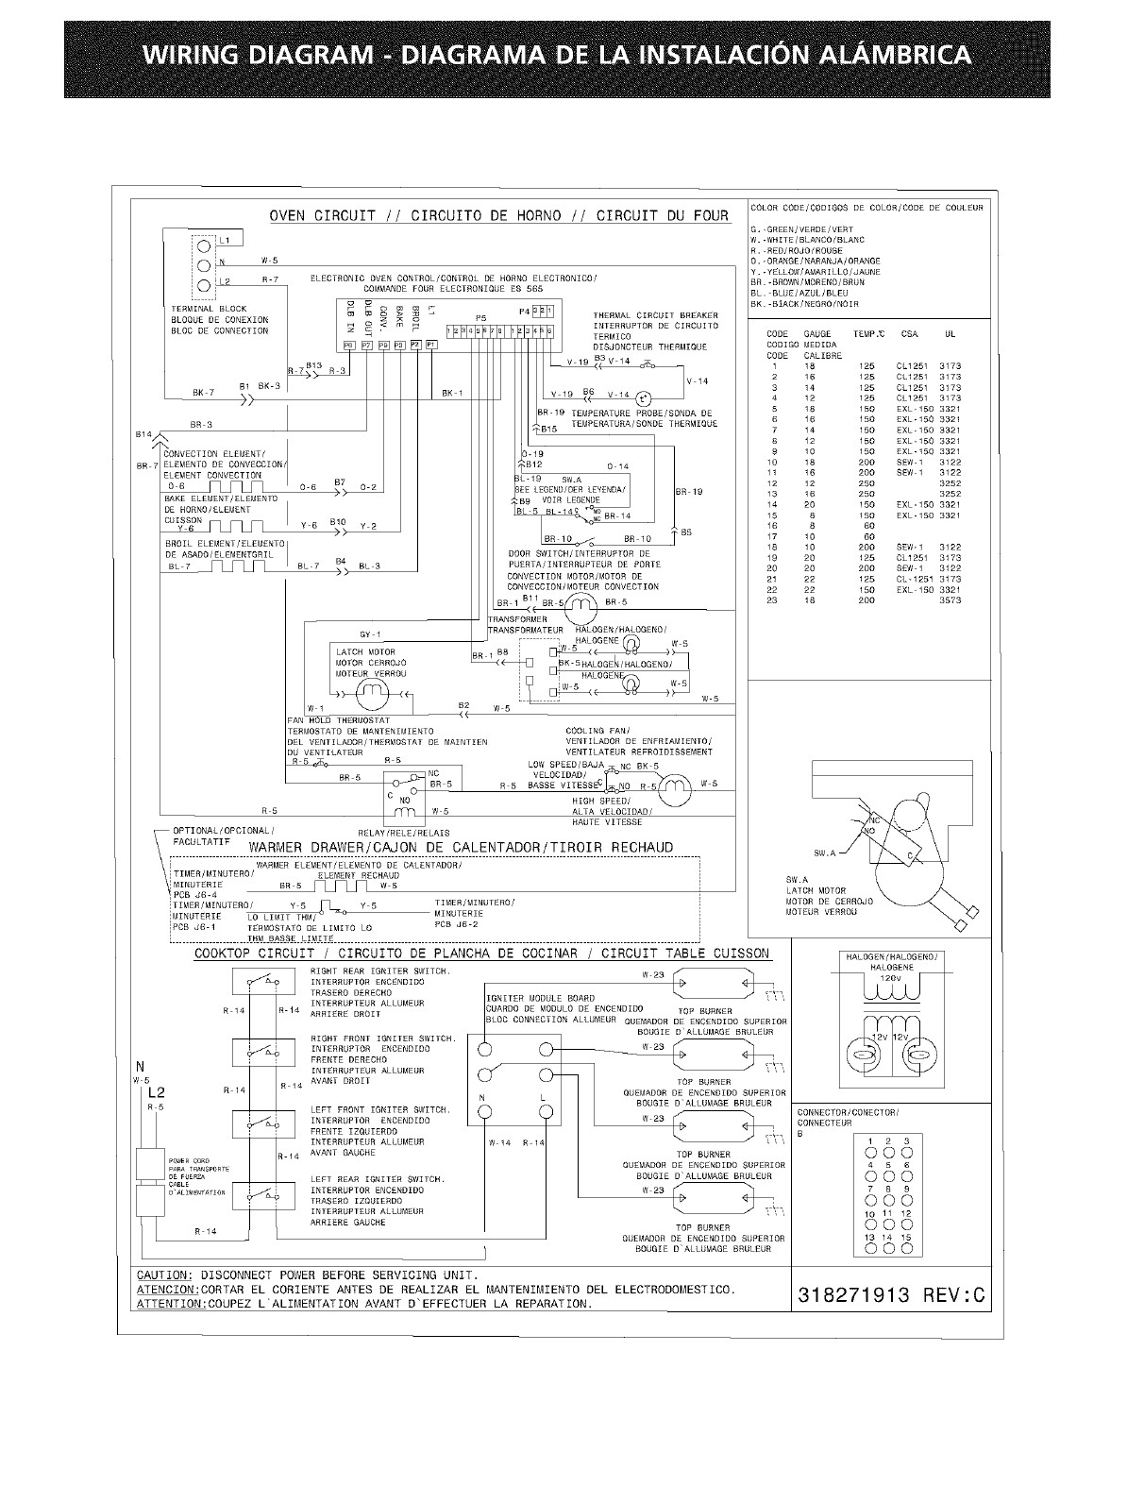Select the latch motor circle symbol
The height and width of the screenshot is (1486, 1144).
coord(372,695)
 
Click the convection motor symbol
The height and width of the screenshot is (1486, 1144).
coord(580,603)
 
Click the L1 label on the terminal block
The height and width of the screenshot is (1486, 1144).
coord(223,241)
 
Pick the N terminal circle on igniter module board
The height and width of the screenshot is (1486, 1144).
coord(483,1110)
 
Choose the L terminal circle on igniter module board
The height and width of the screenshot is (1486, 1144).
coord(545,1110)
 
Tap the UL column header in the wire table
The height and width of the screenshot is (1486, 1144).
coord(950,334)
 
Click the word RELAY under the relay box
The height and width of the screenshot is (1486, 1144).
coord(375,833)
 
